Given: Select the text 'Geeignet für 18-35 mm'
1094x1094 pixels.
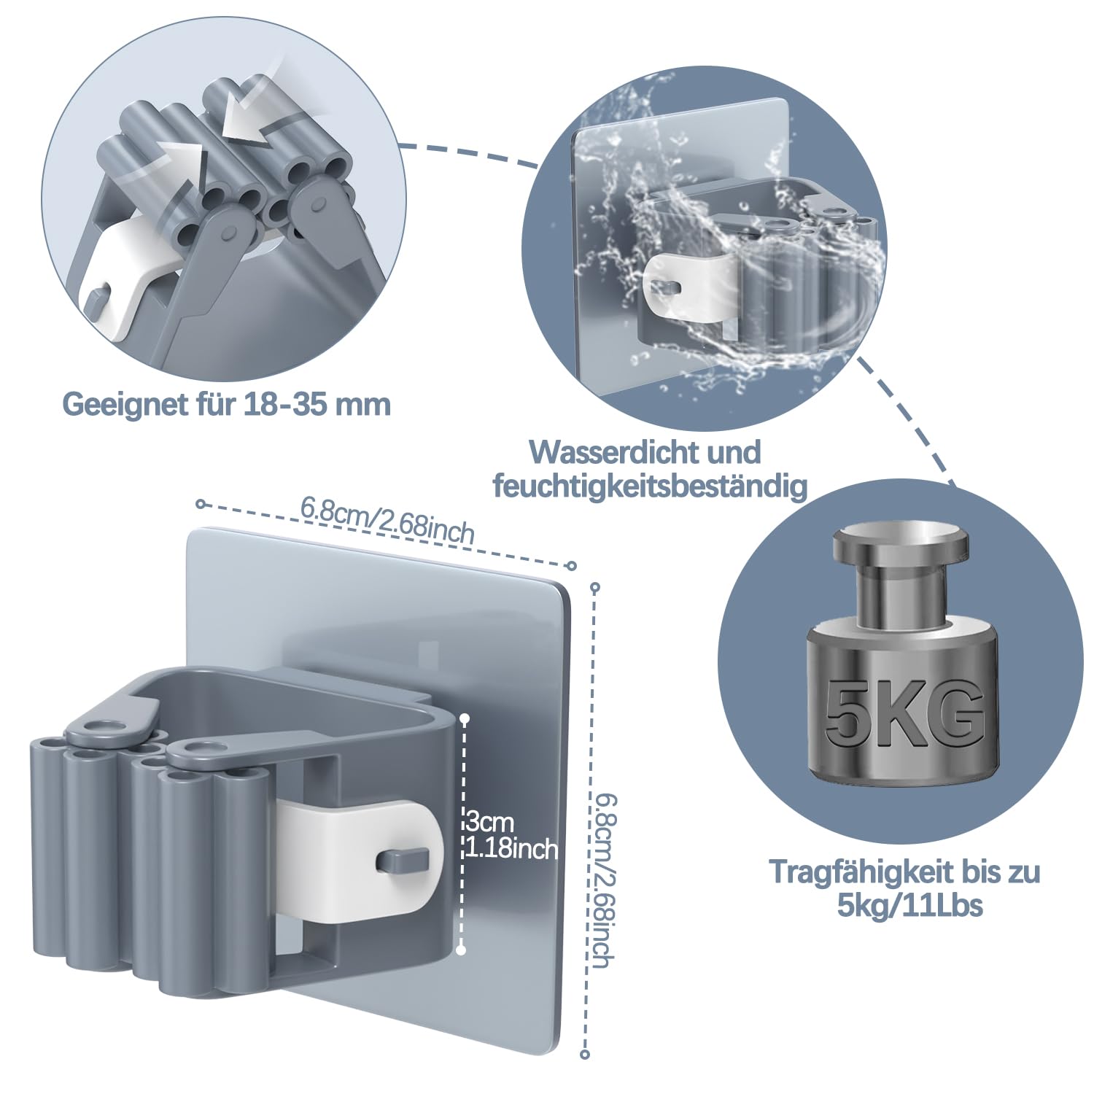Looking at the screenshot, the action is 227,403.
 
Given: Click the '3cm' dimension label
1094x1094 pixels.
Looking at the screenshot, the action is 490,823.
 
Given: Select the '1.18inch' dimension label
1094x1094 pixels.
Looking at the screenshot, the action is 511,848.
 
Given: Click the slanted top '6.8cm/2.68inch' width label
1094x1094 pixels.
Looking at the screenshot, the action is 387,519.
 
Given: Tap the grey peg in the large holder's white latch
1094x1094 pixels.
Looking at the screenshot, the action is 400,861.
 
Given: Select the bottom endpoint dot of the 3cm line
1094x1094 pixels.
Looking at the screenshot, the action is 461,950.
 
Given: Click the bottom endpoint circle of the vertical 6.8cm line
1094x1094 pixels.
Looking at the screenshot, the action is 585,1053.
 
